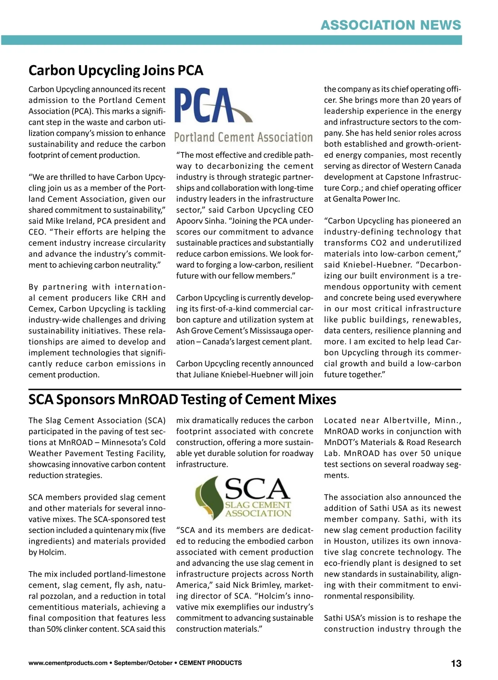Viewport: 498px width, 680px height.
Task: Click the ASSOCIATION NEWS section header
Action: (391, 25)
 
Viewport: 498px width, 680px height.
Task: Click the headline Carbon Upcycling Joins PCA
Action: (116, 71)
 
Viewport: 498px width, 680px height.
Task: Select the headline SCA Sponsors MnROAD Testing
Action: (182, 399)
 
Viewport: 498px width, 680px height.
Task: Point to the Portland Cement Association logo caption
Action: (243, 137)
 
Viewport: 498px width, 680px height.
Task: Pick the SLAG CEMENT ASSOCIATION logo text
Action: (258, 509)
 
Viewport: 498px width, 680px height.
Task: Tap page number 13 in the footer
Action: (456, 663)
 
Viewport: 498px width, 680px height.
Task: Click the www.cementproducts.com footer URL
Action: (68, 663)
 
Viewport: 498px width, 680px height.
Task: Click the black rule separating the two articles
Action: (245, 389)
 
